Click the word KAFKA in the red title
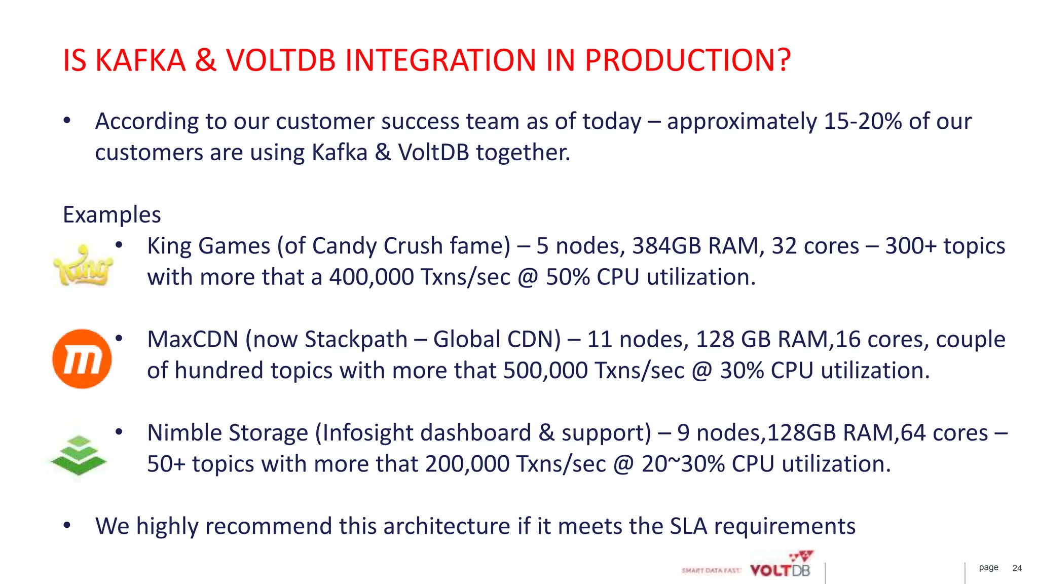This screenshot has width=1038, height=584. point(140,60)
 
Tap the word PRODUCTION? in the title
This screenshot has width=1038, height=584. point(687,60)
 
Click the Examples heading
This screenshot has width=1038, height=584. point(112,215)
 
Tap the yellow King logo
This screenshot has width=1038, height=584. point(83,265)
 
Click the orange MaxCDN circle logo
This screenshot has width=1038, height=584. point(82,359)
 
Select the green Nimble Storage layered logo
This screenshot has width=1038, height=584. point(79,455)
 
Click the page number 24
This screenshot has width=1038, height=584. point(1017,568)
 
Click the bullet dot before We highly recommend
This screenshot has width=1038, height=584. point(67,526)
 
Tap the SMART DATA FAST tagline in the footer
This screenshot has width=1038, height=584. point(711,571)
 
